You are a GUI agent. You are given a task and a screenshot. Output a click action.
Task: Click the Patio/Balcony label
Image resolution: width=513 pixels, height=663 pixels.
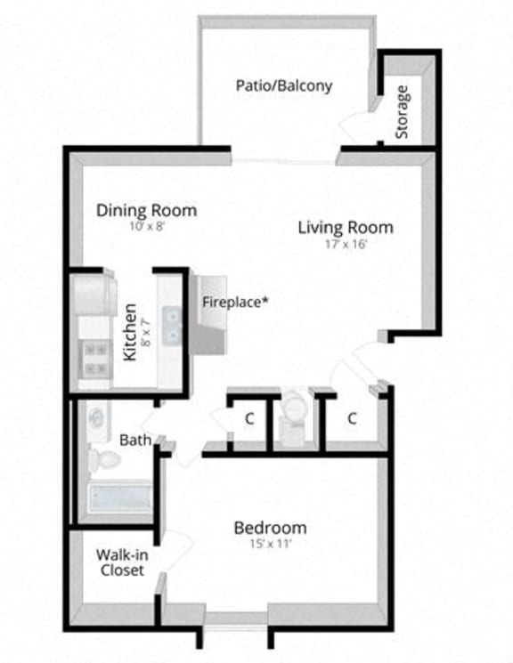[x=284, y=86]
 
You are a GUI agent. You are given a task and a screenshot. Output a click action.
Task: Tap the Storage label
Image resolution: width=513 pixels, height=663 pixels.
[x=402, y=111]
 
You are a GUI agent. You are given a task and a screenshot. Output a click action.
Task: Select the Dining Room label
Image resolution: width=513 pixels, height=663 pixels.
[x=146, y=211]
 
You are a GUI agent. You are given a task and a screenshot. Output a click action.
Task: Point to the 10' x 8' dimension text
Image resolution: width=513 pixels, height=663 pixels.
[x=146, y=227]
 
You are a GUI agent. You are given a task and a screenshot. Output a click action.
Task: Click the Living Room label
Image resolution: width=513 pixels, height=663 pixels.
[x=345, y=227]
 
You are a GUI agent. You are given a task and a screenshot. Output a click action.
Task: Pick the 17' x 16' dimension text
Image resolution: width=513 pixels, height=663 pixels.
[x=345, y=243]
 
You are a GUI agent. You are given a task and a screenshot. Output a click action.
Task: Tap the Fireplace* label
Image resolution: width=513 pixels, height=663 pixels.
[x=235, y=302]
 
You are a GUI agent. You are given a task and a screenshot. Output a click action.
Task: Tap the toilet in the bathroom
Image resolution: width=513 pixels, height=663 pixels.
[x=107, y=459]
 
